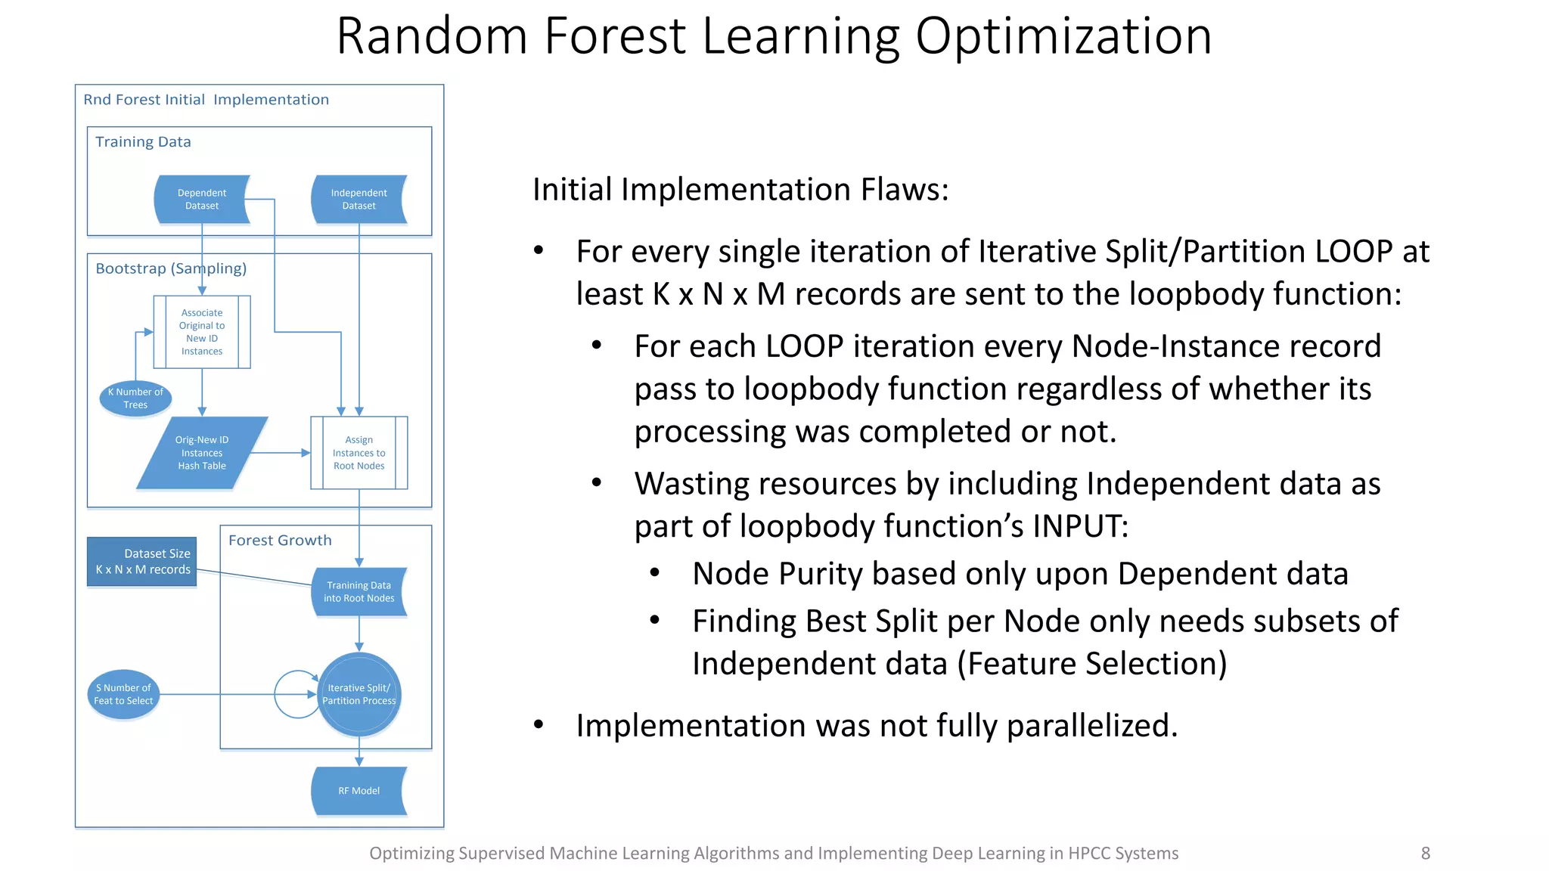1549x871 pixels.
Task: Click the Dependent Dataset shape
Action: (202, 200)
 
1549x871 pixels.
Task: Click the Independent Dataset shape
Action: (359, 200)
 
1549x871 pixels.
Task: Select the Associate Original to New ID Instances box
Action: (202, 332)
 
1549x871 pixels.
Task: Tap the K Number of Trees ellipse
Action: (135, 398)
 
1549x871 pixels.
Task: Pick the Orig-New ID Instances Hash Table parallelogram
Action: (202, 453)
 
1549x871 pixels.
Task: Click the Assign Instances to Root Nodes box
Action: (359, 453)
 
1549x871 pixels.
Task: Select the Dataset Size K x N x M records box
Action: (142, 562)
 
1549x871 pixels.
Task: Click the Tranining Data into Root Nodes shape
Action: (359, 592)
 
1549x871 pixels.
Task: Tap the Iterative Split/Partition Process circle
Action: (359, 695)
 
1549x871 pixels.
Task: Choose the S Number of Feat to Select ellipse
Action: (123, 695)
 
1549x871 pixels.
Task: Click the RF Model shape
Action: (359, 791)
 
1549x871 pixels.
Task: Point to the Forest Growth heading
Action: (280, 541)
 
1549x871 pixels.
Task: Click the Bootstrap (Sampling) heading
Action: (171, 268)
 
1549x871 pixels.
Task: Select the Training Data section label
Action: (143, 142)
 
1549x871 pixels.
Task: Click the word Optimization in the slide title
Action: (1063, 36)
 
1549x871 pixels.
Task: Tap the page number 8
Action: (1425, 854)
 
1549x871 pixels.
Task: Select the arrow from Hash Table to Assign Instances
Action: (280, 453)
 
